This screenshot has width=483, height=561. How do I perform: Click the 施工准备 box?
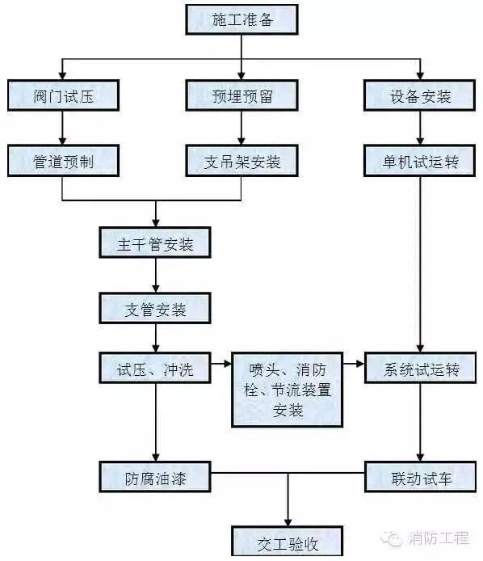pos(241,19)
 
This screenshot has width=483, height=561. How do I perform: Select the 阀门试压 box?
pos(63,97)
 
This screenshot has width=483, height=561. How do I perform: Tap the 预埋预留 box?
pos(241,97)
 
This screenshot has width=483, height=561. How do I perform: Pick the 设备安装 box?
pos(419,97)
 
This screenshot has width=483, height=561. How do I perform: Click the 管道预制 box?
pos(63,161)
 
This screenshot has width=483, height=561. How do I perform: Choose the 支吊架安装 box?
pos(241,161)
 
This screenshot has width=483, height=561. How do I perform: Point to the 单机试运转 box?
pos(419,161)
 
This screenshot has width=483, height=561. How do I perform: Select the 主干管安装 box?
pos(156,243)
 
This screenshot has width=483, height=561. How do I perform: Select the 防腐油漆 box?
pos(156,477)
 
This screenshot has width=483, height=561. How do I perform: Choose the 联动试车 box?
pos(419,477)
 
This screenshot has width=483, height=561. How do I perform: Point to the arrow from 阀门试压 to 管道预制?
pos(63,129)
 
